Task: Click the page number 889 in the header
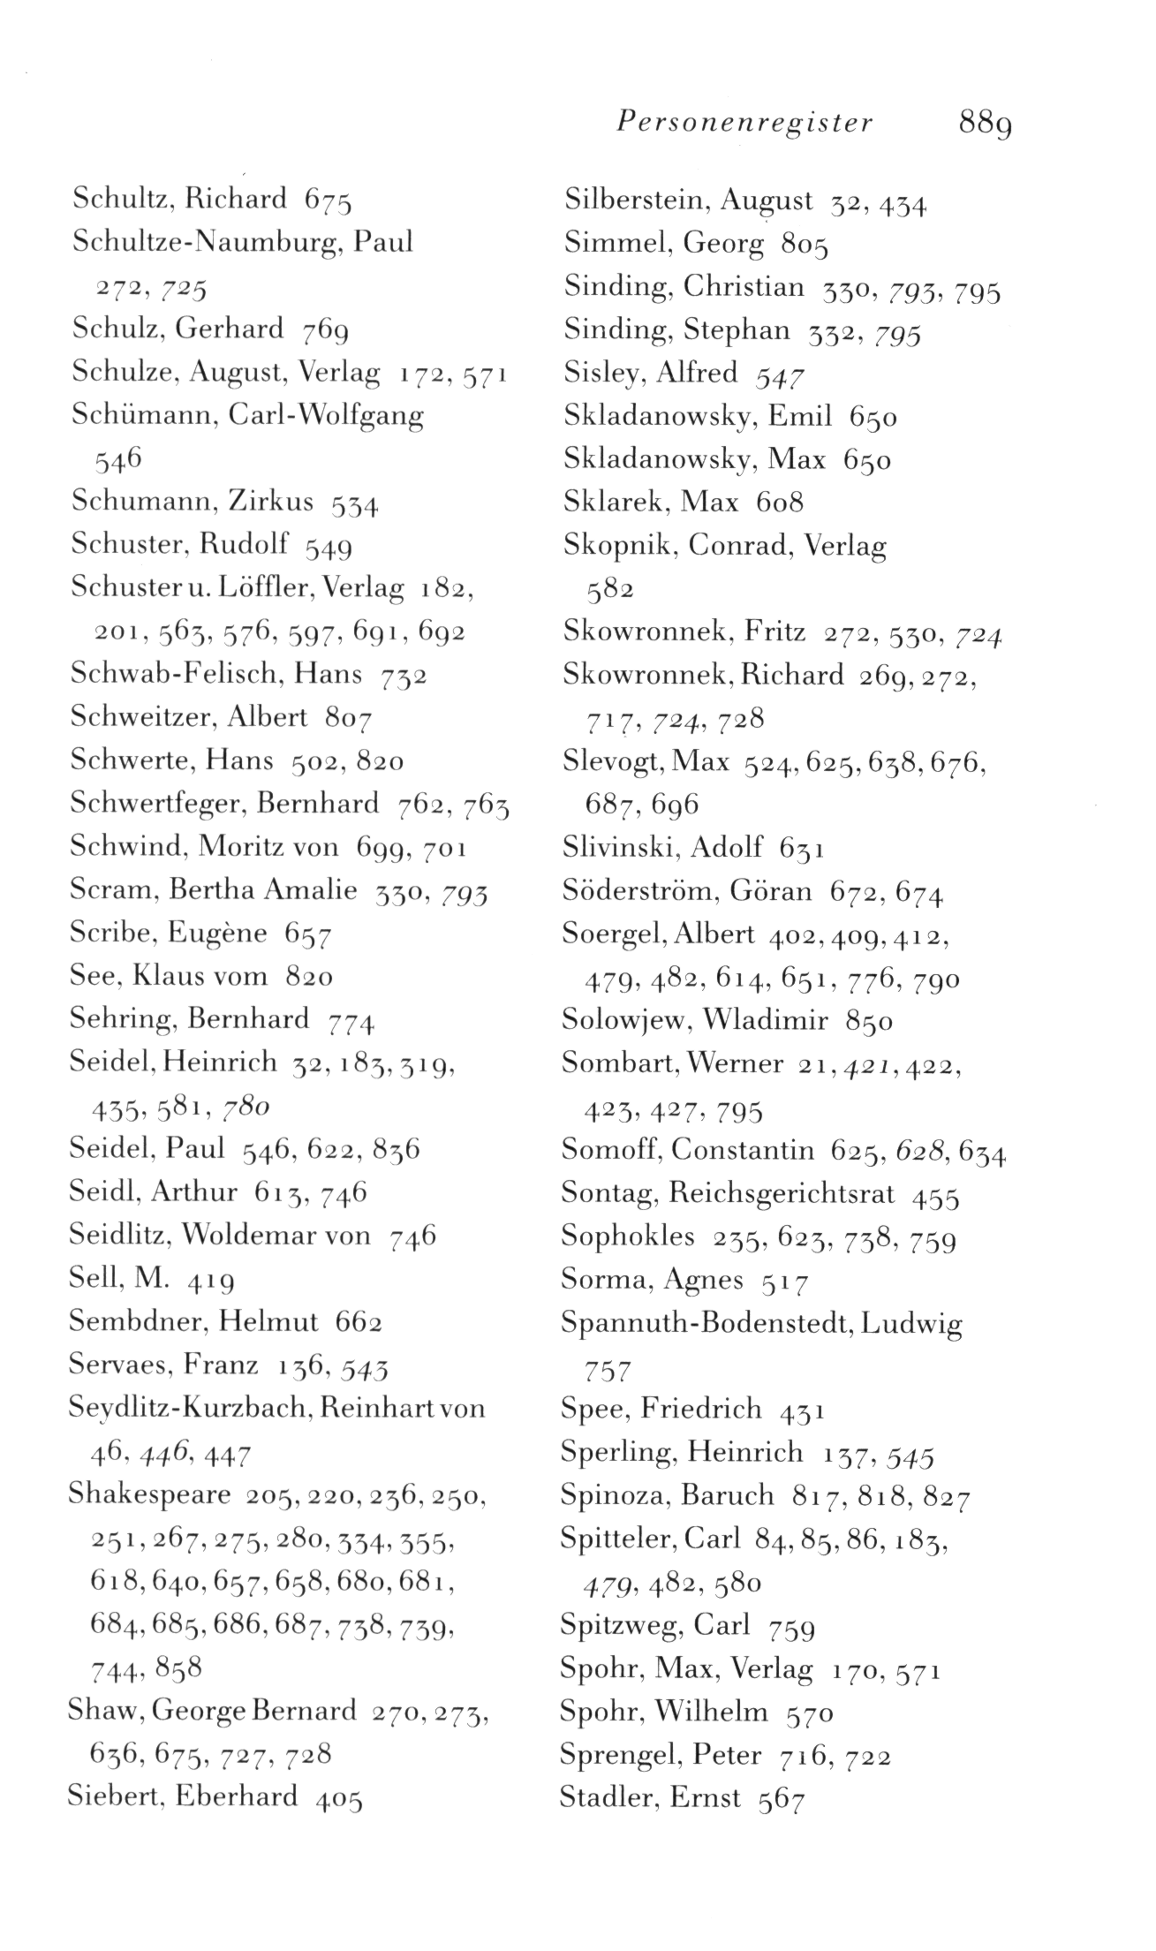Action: click(x=985, y=122)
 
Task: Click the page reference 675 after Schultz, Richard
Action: click(x=328, y=200)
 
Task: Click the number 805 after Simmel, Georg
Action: click(x=804, y=245)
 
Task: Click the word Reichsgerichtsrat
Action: click(x=782, y=1193)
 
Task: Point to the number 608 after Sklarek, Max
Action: click(x=779, y=503)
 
